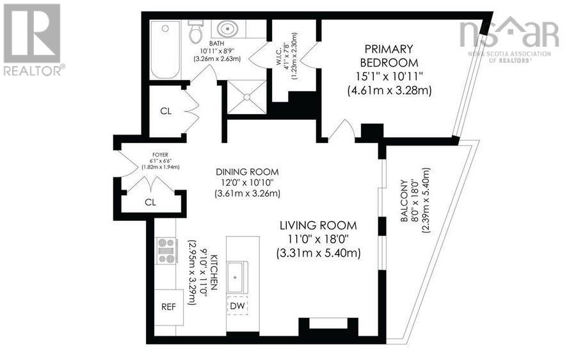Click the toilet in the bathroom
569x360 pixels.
[x=195, y=31]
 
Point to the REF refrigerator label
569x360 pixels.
[x=168, y=306]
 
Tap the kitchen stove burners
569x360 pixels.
[x=166, y=251]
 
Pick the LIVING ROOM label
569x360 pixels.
[x=318, y=225]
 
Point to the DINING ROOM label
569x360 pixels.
[x=247, y=172]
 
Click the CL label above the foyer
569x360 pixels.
[x=166, y=111]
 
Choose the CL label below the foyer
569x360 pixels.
[x=151, y=202]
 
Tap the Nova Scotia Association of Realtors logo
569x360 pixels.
[x=509, y=39]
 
